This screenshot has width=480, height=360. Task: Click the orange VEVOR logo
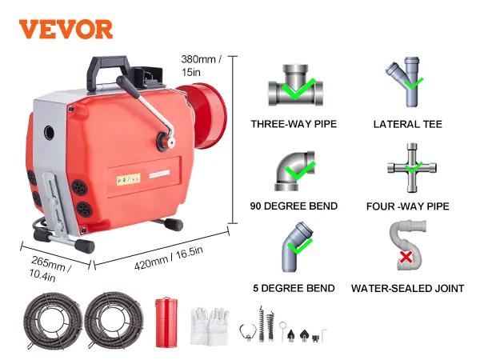point(66,29)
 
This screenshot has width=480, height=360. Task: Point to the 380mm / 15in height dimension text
point(201,66)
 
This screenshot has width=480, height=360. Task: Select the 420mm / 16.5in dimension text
point(169,258)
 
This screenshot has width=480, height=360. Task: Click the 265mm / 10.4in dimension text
point(50,269)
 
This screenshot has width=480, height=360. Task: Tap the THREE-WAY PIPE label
point(294,124)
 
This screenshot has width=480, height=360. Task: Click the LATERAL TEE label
point(408,124)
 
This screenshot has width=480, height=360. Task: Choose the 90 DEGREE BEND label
point(294,206)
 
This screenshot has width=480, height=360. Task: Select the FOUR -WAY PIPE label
point(408,206)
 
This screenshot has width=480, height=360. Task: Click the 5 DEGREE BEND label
point(294,288)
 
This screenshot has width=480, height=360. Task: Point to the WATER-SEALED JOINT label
point(408,288)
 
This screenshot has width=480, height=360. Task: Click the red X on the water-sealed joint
point(406,258)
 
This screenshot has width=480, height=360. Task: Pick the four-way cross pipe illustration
point(412,168)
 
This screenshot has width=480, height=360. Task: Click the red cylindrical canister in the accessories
point(166,322)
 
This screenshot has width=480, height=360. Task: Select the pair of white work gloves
point(210,326)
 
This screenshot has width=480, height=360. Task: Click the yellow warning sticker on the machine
point(129,180)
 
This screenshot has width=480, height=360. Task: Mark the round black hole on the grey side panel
point(49,133)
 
